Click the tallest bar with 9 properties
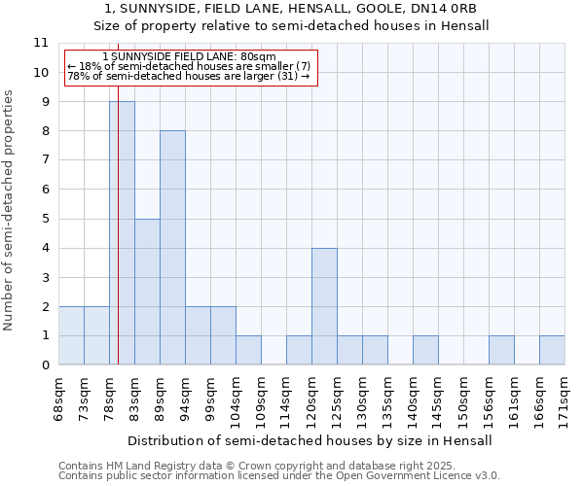click(x=122, y=233)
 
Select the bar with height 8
click(x=172, y=248)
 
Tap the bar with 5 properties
click(x=147, y=292)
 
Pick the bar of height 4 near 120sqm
click(x=324, y=306)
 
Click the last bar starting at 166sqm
click(x=552, y=350)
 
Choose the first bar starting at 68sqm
click(x=71, y=335)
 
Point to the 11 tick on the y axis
click(x=41, y=43)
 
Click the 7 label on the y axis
click(x=41, y=160)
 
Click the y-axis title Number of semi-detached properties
click(x=9, y=210)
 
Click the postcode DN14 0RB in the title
click(x=448, y=9)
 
